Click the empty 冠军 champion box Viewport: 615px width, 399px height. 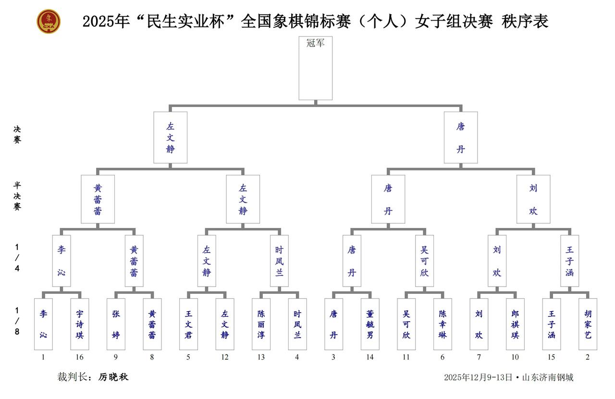tap(315, 68)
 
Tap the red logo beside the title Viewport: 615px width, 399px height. tap(49, 22)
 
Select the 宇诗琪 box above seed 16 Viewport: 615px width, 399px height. tap(80, 324)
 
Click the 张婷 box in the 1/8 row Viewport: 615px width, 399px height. tap(116, 324)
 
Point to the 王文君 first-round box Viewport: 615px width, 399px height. tap(188, 324)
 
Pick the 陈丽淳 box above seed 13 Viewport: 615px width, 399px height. tap(261, 324)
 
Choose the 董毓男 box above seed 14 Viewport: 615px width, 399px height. tap(370, 324)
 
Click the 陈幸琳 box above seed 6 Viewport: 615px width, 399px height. tap(443, 324)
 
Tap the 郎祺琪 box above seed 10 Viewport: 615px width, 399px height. tap(515, 324)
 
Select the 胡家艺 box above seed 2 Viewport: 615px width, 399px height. tap(588, 324)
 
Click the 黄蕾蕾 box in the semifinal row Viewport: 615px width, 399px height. tap(98, 199)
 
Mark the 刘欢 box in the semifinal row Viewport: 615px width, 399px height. tap(533, 199)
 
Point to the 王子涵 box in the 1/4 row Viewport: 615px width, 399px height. tap(570, 261)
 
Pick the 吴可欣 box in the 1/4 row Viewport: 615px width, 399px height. tap(424, 261)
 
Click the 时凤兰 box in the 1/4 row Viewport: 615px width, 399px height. tap(279, 261)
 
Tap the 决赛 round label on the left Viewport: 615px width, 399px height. tap(17, 134)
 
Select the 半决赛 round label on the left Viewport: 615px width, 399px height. tap(17, 196)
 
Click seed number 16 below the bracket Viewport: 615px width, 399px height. tap(80, 357)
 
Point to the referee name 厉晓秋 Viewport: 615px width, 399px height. tap(113, 377)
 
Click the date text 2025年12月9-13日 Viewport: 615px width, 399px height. tap(478, 377)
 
